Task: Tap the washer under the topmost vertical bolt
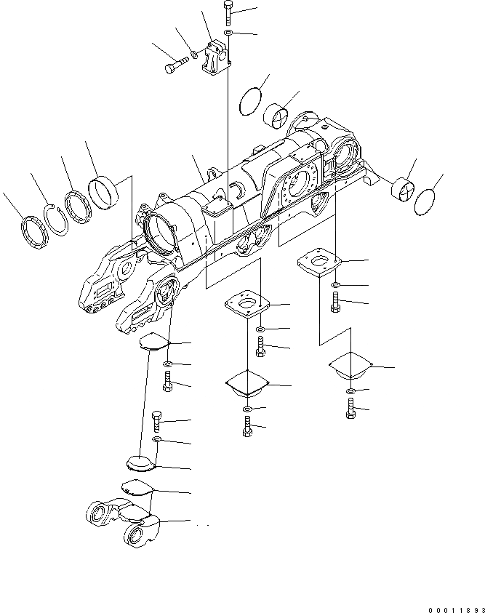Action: click(228, 33)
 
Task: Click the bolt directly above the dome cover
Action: click(156, 421)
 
